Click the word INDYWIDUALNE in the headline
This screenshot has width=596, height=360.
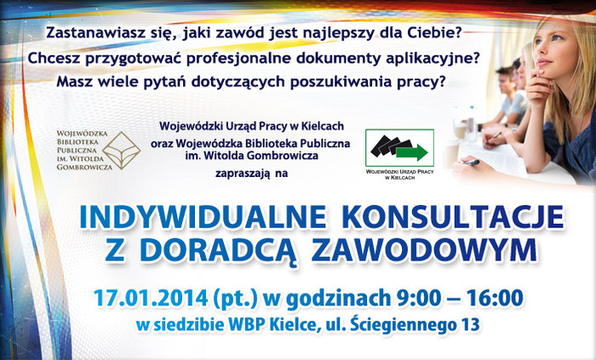[203, 218]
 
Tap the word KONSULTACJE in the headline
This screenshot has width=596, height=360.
[453, 218]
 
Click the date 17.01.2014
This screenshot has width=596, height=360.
[151, 298]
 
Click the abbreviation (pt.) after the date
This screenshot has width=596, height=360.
[236, 299]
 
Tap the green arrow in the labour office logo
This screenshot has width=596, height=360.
[412, 152]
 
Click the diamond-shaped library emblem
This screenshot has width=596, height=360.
[122, 150]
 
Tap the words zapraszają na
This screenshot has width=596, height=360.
[251, 174]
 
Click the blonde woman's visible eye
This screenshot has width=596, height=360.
[557, 37]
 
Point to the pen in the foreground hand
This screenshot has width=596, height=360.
[471, 163]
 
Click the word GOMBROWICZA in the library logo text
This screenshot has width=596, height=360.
[84, 167]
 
